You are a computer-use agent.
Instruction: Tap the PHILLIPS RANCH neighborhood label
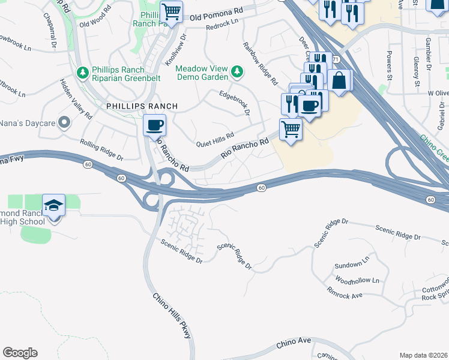pyautogui.click(x=142, y=106)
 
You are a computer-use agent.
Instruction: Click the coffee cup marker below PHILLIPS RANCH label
pyautogui.click(x=155, y=125)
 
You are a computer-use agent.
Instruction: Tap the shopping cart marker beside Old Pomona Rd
pyautogui.click(x=172, y=11)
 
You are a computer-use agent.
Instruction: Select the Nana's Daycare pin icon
pyautogui.click(x=65, y=123)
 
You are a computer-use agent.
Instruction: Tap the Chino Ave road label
pyautogui.click(x=294, y=343)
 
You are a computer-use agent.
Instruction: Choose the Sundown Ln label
pyautogui.click(x=352, y=264)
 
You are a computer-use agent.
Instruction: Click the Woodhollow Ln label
pyautogui.click(x=358, y=281)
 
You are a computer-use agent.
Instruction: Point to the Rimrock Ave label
pyautogui.click(x=345, y=295)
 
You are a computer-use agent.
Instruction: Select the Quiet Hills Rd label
pyautogui.click(x=215, y=140)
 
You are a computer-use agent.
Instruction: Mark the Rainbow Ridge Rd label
pyautogui.click(x=261, y=63)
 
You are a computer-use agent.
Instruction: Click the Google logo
pyautogui.click(x=20, y=353)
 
